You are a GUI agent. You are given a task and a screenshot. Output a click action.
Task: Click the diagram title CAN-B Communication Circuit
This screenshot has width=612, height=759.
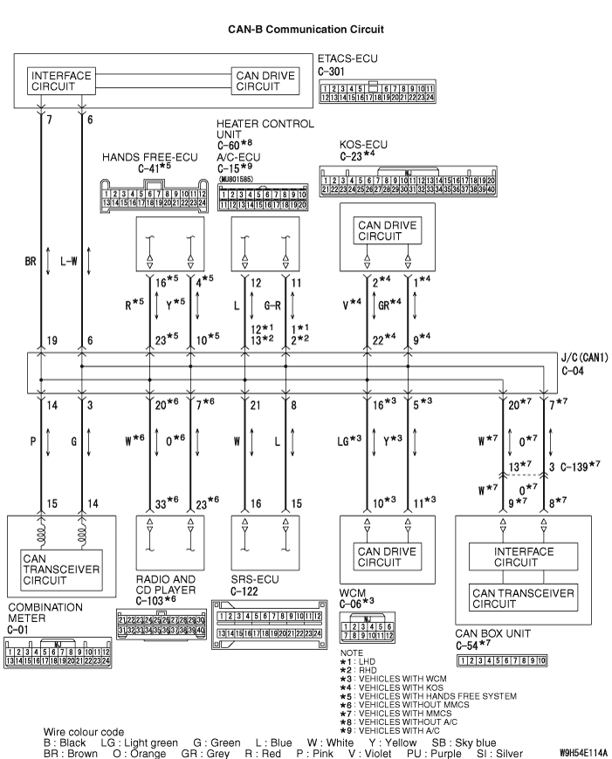(306, 30)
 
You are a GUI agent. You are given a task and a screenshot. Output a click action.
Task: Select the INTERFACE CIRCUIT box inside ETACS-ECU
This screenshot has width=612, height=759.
(61, 81)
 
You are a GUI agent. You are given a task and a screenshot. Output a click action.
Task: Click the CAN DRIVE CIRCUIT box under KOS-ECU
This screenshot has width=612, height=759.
(386, 229)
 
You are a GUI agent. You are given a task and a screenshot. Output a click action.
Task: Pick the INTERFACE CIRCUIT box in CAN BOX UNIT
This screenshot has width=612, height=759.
(524, 557)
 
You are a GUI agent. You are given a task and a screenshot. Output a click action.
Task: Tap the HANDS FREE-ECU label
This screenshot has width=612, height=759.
(149, 157)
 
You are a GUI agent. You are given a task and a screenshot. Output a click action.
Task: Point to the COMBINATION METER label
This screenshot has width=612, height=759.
(45, 611)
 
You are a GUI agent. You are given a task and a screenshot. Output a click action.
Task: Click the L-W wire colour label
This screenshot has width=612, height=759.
(70, 260)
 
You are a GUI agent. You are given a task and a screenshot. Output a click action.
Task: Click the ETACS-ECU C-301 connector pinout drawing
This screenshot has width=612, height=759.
(377, 93)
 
